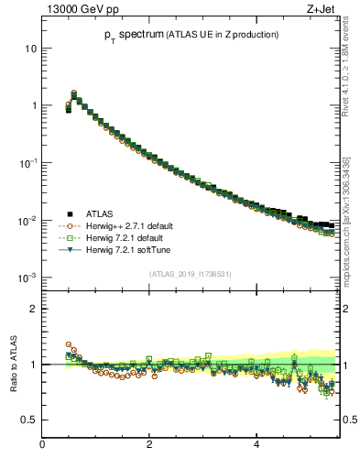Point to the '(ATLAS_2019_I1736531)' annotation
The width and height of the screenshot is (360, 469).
(191, 273)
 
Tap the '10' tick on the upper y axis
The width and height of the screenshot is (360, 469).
(31, 48)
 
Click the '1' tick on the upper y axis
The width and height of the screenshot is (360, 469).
(34, 105)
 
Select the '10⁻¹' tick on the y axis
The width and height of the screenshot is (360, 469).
(29, 163)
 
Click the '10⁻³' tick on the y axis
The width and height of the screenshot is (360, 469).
(29, 278)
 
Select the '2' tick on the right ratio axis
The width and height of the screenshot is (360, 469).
(346, 309)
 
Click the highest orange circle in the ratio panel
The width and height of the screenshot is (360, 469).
(69, 345)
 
